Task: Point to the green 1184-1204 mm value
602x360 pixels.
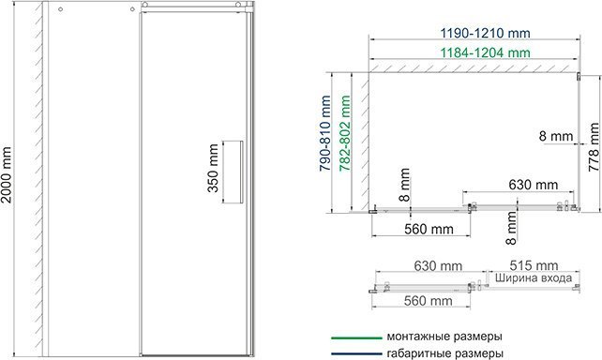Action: point(477,53)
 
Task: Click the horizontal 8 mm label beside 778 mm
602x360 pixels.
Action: point(557,137)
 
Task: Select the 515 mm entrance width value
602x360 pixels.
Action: point(534,265)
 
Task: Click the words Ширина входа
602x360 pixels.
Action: point(533,279)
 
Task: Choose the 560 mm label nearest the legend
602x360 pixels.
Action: point(418,301)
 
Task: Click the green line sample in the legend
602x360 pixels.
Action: point(352,335)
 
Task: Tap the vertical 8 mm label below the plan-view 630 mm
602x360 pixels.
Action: point(513,225)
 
